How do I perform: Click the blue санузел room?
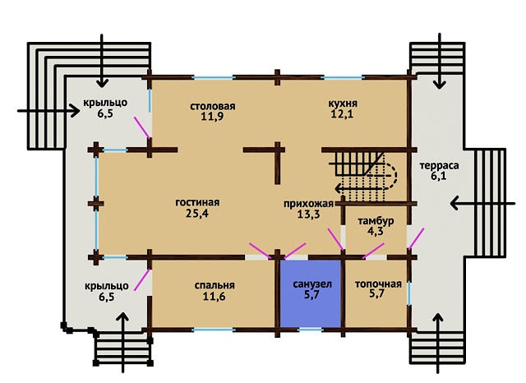(x=311, y=293)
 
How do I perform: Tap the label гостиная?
(x=197, y=202)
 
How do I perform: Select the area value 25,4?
(x=197, y=214)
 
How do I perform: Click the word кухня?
(x=343, y=104)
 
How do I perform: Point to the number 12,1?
(x=342, y=114)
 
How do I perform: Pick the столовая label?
(x=213, y=106)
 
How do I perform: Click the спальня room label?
(x=215, y=285)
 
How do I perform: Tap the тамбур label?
(x=376, y=221)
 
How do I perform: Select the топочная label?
(x=378, y=284)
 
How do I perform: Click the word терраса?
(x=439, y=166)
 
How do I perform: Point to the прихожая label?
(x=309, y=204)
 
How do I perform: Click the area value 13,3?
(x=309, y=215)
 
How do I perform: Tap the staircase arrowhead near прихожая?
(x=339, y=189)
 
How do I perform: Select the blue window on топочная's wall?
(x=409, y=293)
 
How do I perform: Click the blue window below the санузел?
(x=311, y=330)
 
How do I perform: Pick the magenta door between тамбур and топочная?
(x=374, y=251)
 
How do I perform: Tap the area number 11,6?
(x=214, y=297)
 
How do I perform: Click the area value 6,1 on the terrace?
(x=439, y=176)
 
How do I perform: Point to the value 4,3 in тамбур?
(x=376, y=232)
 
